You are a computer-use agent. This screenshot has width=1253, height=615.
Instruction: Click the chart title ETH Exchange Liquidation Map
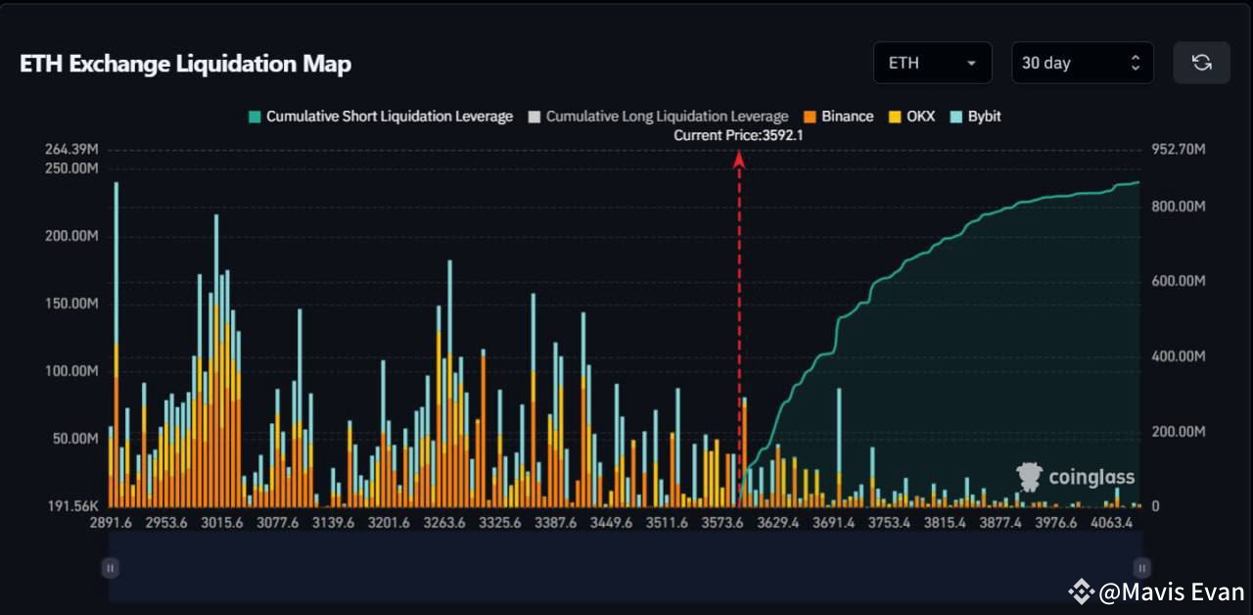click(185, 64)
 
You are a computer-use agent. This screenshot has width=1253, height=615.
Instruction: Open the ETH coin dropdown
click(931, 63)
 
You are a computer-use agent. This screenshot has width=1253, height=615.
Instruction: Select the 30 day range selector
click(1081, 63)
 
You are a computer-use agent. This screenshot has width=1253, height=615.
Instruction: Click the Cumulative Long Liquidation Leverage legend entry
click(658, 117)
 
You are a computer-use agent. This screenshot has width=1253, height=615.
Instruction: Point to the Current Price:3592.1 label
click(738, 135)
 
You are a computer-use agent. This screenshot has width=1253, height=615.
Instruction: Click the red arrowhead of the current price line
click(739, 158)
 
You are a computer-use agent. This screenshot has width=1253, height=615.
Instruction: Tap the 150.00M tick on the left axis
click(71, 304)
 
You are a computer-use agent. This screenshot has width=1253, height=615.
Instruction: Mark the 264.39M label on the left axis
click(71, 149)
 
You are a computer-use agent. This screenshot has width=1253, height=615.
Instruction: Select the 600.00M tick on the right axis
click(1178, 281)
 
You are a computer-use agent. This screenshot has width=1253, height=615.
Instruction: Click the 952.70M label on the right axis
click(1178, 149)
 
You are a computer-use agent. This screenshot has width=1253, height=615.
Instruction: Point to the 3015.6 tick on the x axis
click(221, 523)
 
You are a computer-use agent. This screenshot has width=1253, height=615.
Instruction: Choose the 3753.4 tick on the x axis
click(889, 523)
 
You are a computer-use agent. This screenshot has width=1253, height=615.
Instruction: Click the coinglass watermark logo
click(1076, 477)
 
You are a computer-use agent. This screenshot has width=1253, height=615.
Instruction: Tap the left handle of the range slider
click(111, 567)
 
